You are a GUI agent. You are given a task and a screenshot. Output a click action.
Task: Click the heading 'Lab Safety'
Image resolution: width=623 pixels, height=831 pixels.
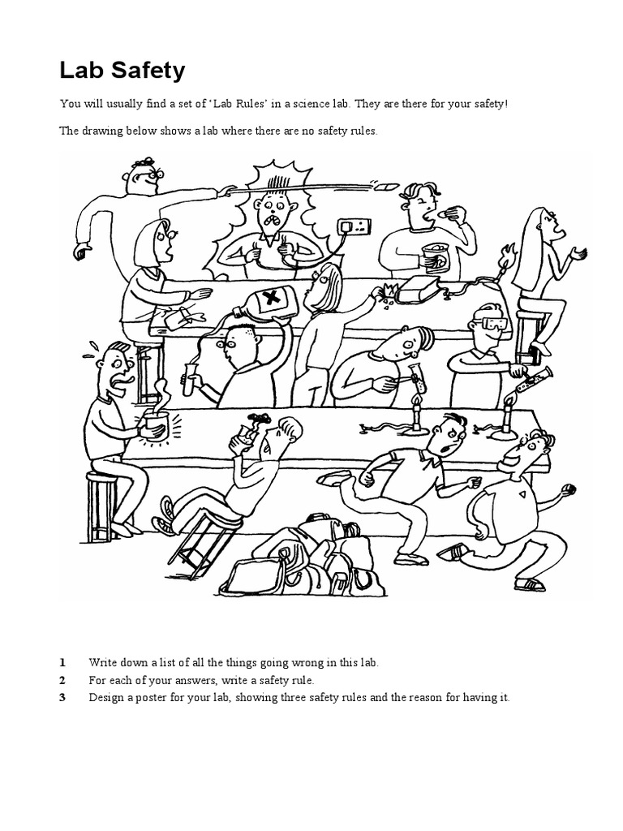[x=122, y=71]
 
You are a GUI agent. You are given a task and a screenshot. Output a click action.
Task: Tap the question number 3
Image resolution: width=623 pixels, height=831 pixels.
[x=62, y=698]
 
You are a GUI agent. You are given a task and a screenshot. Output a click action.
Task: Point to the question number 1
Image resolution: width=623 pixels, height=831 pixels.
[x=62, y=662]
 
